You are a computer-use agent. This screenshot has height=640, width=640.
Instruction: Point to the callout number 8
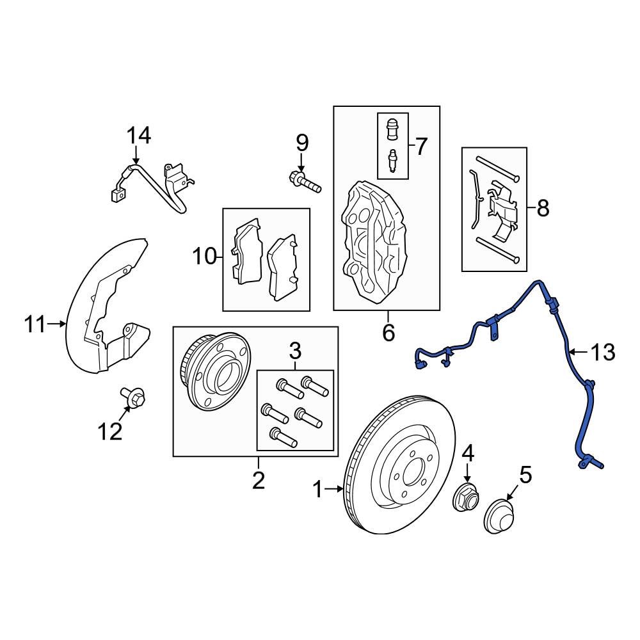[542, 208]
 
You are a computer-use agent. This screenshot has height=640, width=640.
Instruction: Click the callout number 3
[295, 351]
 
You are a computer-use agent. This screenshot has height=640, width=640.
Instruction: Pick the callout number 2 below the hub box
[258, 480]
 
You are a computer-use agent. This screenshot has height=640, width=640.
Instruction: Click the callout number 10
[206, 257]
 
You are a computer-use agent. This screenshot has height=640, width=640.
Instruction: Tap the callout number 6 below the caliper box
[388, 333]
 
